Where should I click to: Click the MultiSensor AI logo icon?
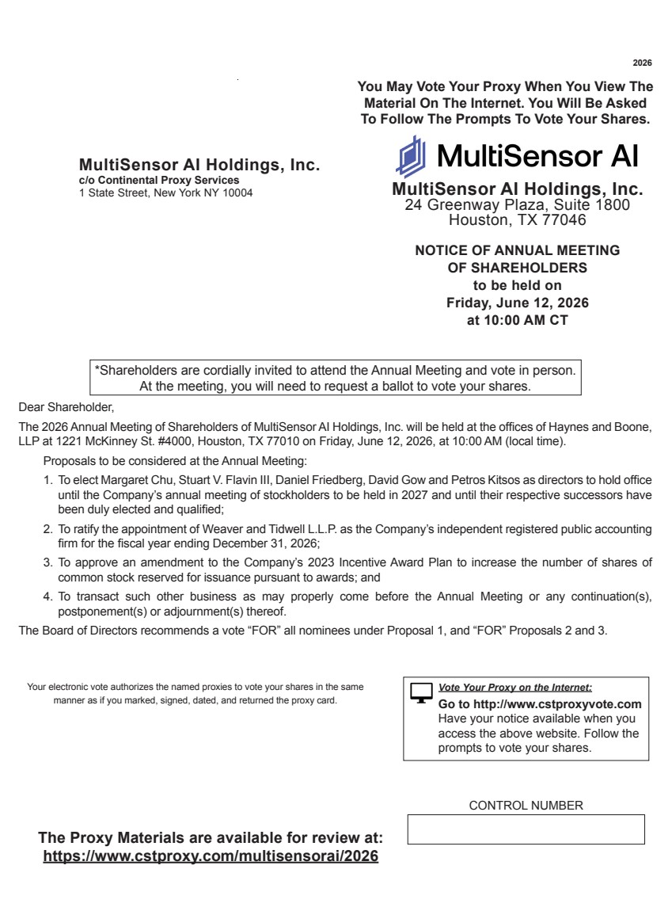(x=411, y=156)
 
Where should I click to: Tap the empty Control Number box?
(x=526, y=829)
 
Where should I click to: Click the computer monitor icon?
(x=422, y=692)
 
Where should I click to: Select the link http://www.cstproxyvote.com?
(x=557, y=704)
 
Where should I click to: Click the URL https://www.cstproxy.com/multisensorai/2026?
(x=211, y=856)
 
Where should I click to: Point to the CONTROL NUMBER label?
(x=526, y=806)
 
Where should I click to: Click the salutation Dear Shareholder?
(x=66, y=408)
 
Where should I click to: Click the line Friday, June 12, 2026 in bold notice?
(x=518, y=303)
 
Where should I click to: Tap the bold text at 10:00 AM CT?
(x=518, y=321)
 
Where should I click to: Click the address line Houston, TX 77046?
(x=518, y=220)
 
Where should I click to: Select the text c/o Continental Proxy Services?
(x=159, y=181)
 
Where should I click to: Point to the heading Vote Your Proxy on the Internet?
(x=514, y=688)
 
